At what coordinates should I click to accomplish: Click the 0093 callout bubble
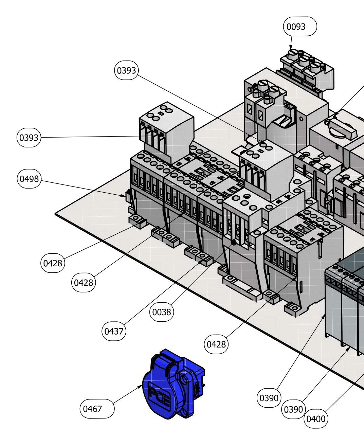pos(300,26)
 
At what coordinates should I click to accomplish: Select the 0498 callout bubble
pos(29,179)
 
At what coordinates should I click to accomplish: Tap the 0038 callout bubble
pos(162,312)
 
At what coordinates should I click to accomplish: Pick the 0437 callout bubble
pos(114,331)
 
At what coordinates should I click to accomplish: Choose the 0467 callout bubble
pos(97,409)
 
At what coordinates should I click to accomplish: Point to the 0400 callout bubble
pos(316,419)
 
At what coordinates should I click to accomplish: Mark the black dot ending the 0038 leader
pos(234,243)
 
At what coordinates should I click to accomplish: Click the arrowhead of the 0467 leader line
pos(140,387)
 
